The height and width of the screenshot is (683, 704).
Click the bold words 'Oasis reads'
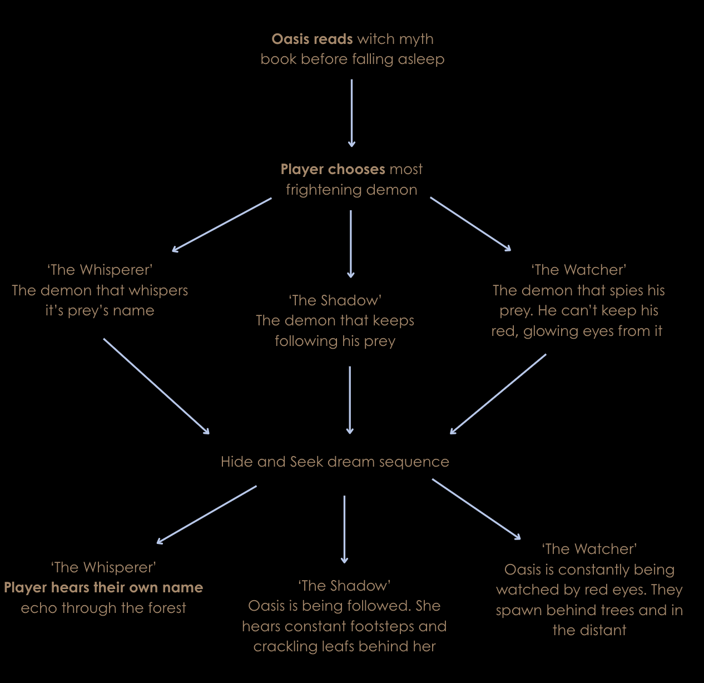(x=312, y=39)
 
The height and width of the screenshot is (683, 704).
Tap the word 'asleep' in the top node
(x=421, y=59)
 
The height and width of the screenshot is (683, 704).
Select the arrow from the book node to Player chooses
(x=351, y=113)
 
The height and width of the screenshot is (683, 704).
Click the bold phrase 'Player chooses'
(x=333, y=169)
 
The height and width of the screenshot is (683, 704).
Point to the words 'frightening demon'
(x=351, y=190)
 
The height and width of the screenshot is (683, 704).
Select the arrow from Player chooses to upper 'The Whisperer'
(x=222, y=225)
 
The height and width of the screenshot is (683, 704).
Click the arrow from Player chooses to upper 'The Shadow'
(x=350, y=244)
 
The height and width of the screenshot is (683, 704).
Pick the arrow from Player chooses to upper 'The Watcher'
(x=470, y=224)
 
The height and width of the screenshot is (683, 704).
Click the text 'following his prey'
(x=335, y=341)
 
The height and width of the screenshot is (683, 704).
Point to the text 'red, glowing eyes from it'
(x=577, y=331)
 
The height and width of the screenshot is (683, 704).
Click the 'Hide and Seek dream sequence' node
(x=335, y=462)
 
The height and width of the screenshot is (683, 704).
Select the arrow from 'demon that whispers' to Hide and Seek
(x=156, y=386)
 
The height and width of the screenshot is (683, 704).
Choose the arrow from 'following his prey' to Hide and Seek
(x=350, y=399)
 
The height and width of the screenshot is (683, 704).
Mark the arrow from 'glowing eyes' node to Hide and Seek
(x=498, y=394)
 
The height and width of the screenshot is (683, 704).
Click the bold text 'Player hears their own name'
(x=103, y=587)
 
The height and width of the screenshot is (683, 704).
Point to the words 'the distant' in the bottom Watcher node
(x=589, y=630)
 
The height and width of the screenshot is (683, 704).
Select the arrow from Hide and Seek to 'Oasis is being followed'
(x=344, y=529)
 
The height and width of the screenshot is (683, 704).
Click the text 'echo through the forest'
(x=103, y=608)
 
